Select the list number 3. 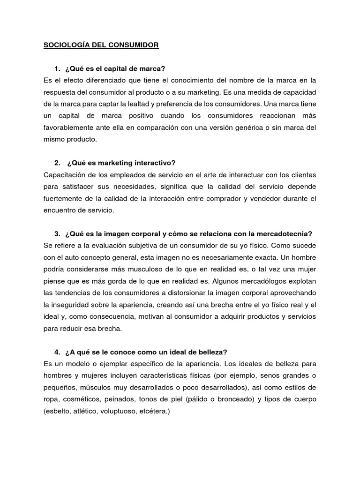(57, 234)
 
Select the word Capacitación (64, 175)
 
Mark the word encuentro (60, 210)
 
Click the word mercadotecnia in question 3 (285, 234)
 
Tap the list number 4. (57, 352)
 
